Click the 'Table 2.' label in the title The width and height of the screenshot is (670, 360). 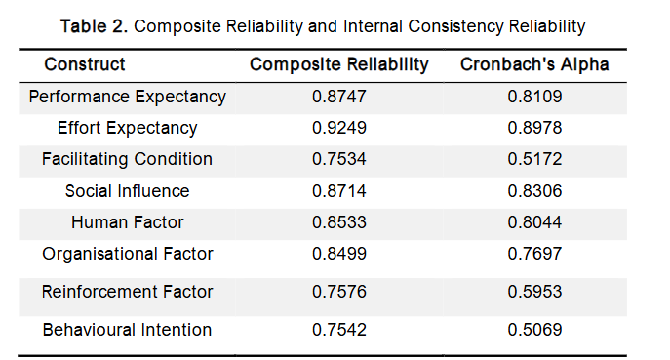click(x=95, y=26)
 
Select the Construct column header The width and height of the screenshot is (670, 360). click(x=85, y=65)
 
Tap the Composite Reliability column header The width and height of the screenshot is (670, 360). click(x=339, y=65)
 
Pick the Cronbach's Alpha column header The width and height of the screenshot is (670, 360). click(x=534, y=65)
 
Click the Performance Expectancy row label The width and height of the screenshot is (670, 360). click(x=128, y=97)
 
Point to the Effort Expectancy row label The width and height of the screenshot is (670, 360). click(x=128, y=128)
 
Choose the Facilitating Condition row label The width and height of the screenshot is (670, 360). click(x=128, y=159)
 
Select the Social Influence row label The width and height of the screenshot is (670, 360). click(x=128, y=191)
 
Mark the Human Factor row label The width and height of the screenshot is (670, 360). click(x=128, y=222)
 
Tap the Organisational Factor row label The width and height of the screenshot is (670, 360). click(x=128, y=254)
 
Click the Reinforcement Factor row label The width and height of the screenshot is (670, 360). click(x=128, y=292)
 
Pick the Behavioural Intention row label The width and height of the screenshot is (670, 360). click(x=128, y=330)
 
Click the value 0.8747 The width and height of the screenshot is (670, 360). click(x=339, y=97)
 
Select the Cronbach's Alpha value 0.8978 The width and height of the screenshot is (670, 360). click(x=534, y=128)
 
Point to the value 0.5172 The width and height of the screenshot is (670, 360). click(x=534, y=159)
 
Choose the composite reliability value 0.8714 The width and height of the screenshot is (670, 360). click(x=339, y=191)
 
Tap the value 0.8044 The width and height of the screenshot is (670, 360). click(x=534, y=222)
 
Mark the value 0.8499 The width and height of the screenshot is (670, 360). click(x=339, y=254)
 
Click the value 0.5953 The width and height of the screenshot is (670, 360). click(x=534, y=292)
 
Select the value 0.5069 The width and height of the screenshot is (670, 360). click(x=534, y=330)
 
